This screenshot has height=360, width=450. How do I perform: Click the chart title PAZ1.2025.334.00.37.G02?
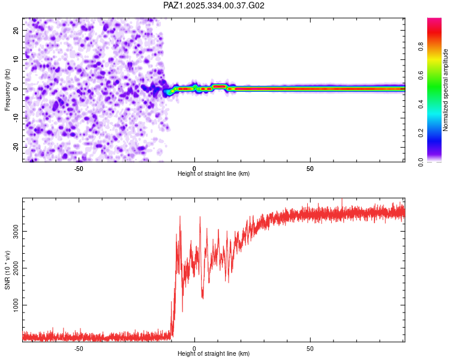[x=214, y=5]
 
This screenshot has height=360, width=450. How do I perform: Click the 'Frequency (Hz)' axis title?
[x=7, y=89]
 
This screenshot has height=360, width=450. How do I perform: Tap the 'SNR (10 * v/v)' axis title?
[x=7, y=269]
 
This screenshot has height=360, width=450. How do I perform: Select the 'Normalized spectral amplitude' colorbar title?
[x=446, y=90]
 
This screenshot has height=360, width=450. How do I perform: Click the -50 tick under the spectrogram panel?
[x=79, y=169]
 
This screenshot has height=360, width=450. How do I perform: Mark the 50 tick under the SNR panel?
[x=310, y=349]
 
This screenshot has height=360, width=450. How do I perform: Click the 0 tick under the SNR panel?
[x=194, y=349]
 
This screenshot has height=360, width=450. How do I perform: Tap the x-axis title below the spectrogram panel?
[x=214, y=174]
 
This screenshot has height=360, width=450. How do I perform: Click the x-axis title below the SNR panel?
[x=214, y=354]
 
